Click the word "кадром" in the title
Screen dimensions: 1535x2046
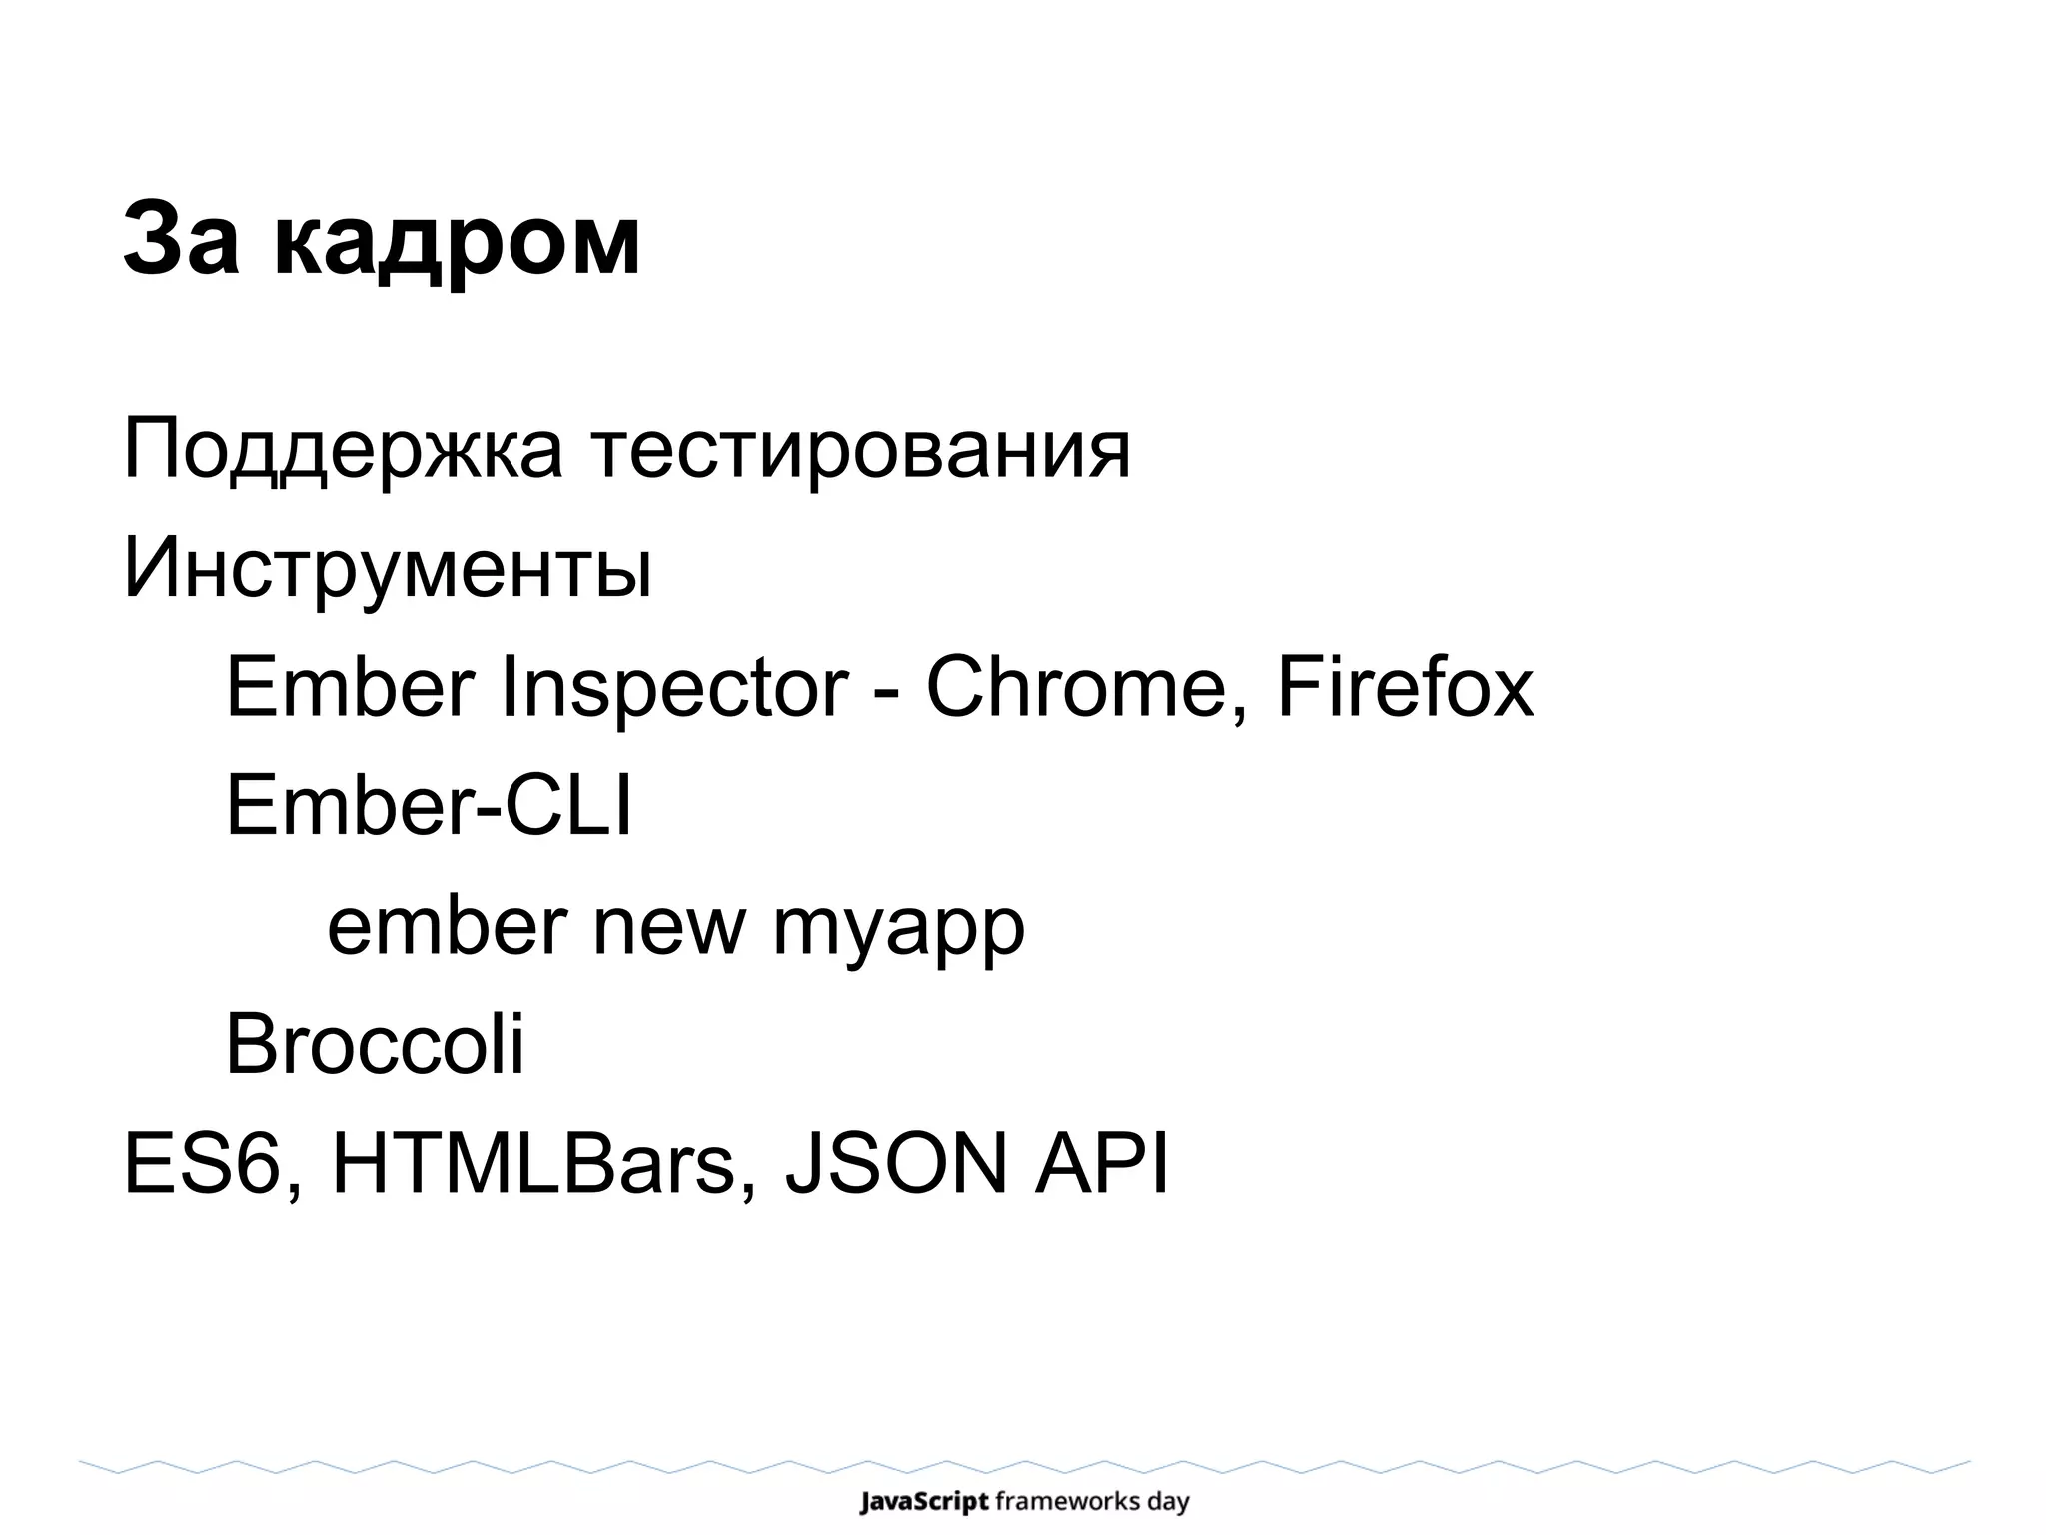pyautogui.click(x=457, y=244)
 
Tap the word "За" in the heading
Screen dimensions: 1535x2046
pyautogui.click(x=182, y=240)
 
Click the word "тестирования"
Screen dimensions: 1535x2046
pyautogui.click(x=861, y=452)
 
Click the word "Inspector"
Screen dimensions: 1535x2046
pyautogui.click(x=674, y=688)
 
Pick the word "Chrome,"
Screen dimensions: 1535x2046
pyautogui.click(x=1088, y=688)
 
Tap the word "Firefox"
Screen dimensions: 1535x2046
pyautogui.click(x=1405, y=688)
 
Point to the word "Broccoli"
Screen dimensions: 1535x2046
pyautogui.click(x=375, y=1045)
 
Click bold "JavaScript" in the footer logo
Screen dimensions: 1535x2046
pyautogui.click(x=924, y=1502)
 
